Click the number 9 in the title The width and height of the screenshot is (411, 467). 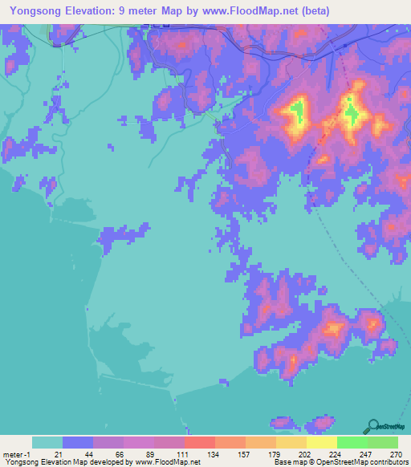pyautogui.click(x=133, y=10)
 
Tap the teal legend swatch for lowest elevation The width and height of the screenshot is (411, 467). pyautogui.click(x=47, y=442)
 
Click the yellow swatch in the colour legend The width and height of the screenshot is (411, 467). pyautogui.click(x=321, y=442)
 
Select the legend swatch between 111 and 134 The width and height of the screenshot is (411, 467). pyautogui.click(x=199, y=442)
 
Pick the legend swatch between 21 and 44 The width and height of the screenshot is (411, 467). pyautogui.click(x=77, y=442)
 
